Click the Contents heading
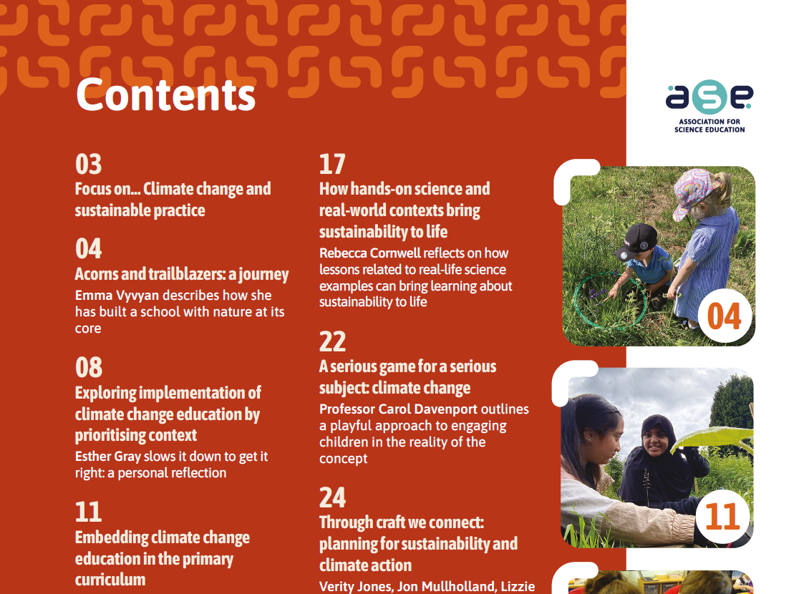pos(165,95)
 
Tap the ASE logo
pos(709,106)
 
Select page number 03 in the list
pos(88,164)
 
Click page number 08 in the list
pos(89,367)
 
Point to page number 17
pos(332,164)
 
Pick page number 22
pos(332,341)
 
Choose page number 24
pos(332,497)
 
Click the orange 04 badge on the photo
pos(725,316)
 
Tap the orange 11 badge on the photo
pos(723,516)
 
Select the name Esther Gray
pos(107,457)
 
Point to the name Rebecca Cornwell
pos(366,253)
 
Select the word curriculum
pos(110,580)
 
